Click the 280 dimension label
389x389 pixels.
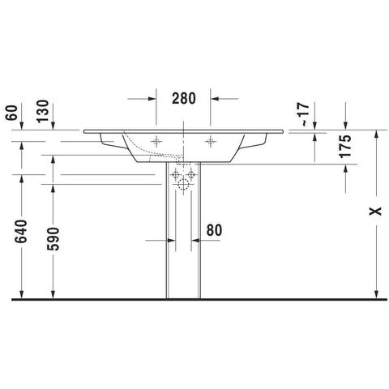(x=184, y=98)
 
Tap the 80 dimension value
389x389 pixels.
(x=214, y=230)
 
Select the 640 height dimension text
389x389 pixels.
(x=21, y=231)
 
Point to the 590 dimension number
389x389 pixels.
(x=53, y=239)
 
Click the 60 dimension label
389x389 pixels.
(x=11, y=113)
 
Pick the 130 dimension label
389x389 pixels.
(x=43, y=111)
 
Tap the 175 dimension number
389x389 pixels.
(x=345, y=146)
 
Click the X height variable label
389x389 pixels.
(x=375, y=211)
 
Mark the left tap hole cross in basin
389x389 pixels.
(x=156, y=141)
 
